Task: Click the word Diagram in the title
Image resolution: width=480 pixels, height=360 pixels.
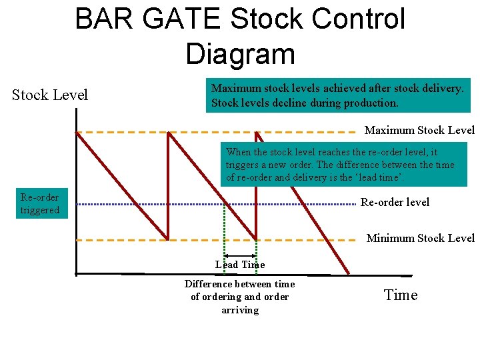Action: pos(240,53)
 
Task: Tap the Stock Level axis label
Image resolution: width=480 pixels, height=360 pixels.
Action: pos(50,95)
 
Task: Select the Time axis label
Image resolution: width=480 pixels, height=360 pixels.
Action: pos(401,295)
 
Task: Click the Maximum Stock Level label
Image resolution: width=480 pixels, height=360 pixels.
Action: pos(419,130)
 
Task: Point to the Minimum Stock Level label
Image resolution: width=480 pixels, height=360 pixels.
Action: pos(420,238)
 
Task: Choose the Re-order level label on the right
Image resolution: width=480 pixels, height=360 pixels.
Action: pos(395,202)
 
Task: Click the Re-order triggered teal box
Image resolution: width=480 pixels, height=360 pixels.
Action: pos(40,204)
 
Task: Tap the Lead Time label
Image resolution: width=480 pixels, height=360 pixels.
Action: pos(240,265)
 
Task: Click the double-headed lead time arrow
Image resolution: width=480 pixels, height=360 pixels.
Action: pos(240,255)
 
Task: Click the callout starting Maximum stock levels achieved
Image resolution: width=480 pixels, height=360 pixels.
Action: pos(337,95)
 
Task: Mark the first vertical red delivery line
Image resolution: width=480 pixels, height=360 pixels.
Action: pos(168,185)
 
